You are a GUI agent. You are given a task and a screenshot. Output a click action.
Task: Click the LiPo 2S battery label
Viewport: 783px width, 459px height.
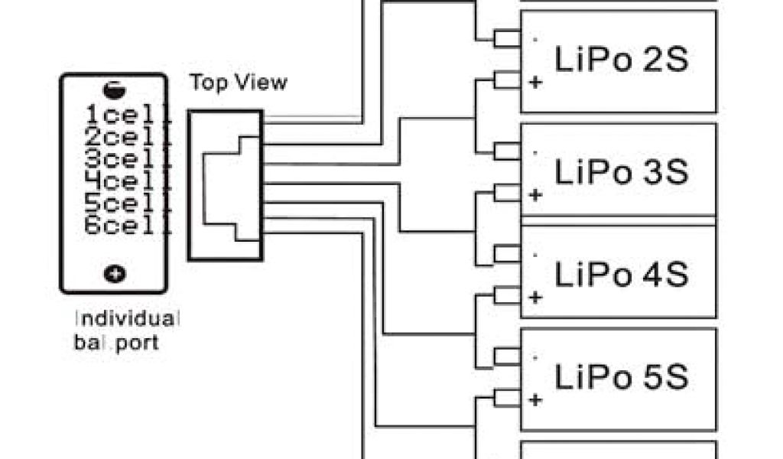coord(621,59)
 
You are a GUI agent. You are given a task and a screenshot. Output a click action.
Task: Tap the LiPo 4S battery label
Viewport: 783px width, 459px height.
coord(621,274)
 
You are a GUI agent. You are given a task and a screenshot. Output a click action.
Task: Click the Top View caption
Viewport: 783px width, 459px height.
coord(239,83)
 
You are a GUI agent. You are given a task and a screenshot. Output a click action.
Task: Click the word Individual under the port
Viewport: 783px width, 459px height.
coord(128,317)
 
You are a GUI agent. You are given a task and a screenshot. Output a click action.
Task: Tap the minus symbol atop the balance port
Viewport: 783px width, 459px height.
coord(115,90)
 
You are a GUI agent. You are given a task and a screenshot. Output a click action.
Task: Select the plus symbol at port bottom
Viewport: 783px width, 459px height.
coord(115,273)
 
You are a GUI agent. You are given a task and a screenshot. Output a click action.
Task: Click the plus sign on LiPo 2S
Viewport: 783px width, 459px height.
coord(535,83)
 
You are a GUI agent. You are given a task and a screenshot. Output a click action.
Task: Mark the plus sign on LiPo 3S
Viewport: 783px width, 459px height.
coord(535,196)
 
